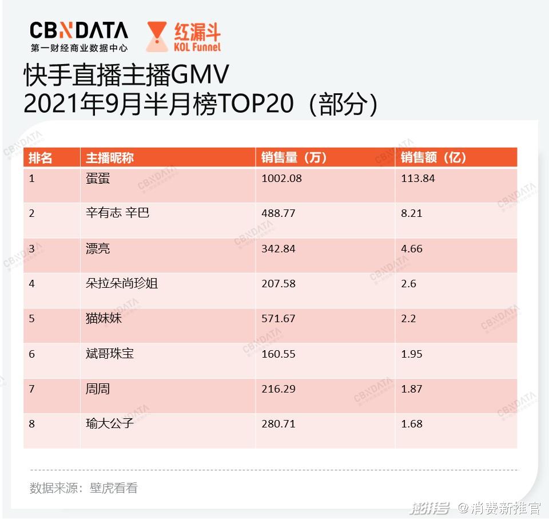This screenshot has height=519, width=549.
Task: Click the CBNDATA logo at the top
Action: click(79, 30)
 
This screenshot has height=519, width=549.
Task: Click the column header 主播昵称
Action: click(110, 158)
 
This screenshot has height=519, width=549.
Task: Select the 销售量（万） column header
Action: click(294, 158)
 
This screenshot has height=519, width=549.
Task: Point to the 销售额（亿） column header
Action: click(433, 158)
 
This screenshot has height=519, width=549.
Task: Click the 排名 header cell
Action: click(41, 158)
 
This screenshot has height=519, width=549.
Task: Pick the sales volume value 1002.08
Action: click(281, 179)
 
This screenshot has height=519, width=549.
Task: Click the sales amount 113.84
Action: click(417, 179)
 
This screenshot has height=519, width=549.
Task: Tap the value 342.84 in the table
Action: click(279, 248)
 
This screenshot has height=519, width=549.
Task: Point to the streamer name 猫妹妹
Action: click(104, 318)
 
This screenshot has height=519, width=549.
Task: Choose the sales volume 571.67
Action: click(279, 319)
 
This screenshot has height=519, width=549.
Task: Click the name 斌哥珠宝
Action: click(110, 354)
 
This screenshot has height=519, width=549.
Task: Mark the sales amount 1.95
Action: click(412, 354)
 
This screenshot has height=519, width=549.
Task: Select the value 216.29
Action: click(279, 389)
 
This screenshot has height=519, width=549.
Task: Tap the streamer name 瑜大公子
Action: click(110, 424)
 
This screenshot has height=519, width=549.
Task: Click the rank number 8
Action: click(32, 425)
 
